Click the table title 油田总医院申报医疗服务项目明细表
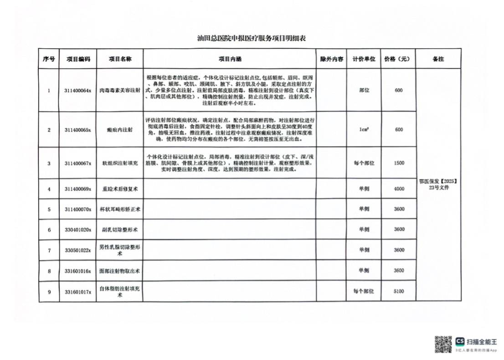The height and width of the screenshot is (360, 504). pyautogui.click(x=248, y=38)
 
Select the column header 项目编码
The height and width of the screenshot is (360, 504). pyautogui.click(x=78, y=59)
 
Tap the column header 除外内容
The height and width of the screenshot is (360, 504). pyautogui.click(x=331, y=59)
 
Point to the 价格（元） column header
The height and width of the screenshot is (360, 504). pyautogui.click(x=399, y=59)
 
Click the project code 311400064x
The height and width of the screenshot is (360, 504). pyautogui.click(x=78, y=91)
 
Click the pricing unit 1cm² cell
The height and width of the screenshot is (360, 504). pyautogui.click(x=364, y=130)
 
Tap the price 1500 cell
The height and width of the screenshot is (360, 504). pyautogui.click(x=399, y=163)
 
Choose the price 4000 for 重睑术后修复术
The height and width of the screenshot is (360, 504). pyautogui.click(x=399, y=189)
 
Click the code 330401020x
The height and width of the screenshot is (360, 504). pyautogui.click(x=78, y=230)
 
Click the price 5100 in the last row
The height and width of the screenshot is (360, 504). pyautogui.click(x=399, y=291)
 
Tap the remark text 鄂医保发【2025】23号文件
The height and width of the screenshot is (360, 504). pyautogui.click(x=437, y=184)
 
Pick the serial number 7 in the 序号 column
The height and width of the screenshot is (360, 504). pyautogui.click(x=49, y=250)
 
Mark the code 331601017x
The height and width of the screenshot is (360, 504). pyautogui.click(x=78, y=291)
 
